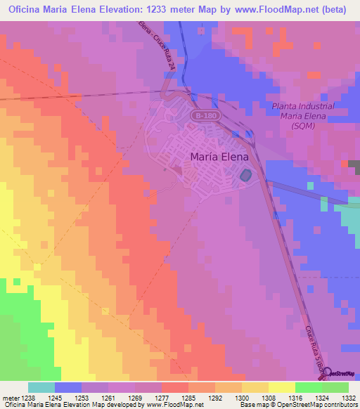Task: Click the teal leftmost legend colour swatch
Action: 41,387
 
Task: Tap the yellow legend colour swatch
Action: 281,387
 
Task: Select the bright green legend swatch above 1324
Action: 308,387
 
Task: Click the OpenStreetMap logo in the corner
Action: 340,372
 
